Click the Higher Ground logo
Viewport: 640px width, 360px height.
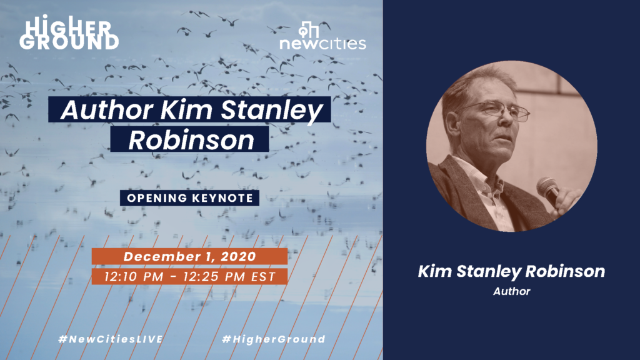(x=69, y=32)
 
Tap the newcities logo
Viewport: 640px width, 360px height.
(x=322, y=36)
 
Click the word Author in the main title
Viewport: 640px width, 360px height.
(x=107, y=109)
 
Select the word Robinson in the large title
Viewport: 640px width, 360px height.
(x=191, y=139)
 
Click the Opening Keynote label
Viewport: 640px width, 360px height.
(x=190, y=198)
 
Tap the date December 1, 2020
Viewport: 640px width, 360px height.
(x=190, y=256)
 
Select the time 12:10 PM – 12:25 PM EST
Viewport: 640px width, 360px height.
(x=190, y=277)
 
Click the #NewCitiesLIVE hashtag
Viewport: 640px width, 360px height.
(x=111, y=339)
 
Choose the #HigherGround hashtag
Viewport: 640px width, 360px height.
(x=274, y=339)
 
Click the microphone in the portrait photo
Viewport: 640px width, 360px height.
(x=549, y=191)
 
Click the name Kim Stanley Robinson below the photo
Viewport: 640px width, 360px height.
(x=511, y=271)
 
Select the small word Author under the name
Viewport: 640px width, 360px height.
(x=511, y=291)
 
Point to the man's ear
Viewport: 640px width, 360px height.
(x=452, y=122)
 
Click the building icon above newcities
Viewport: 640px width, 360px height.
(x=309, y=29)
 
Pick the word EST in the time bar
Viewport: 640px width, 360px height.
(x=263, y=277)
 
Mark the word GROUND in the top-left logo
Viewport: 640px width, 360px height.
(x=69, y=42)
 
